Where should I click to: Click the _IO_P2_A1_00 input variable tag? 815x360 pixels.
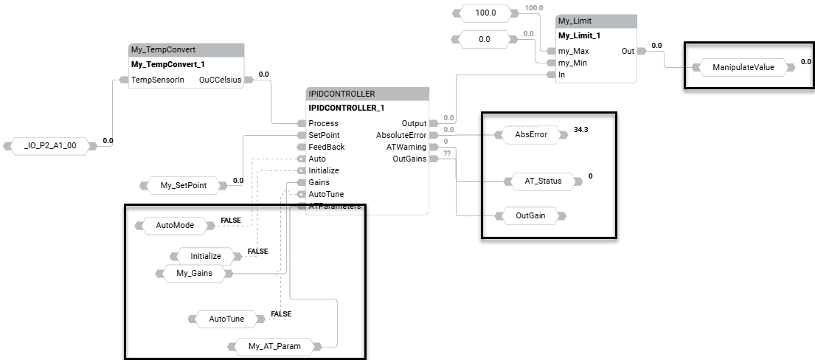tap(50, 146)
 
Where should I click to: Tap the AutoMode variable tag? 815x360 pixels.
tap(175, 225)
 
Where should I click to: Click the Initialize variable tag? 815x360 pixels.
tap(206, 256)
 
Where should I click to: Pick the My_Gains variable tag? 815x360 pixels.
tap(194, 274)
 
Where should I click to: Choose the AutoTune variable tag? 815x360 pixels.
tap(226, 319)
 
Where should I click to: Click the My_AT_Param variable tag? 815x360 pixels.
tap(274, 346)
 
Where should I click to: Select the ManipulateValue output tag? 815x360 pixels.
tap(743, 67)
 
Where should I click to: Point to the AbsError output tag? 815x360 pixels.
tap(530, 135)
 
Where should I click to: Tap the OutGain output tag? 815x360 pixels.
tap(530, 216)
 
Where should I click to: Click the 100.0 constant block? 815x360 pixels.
tap(485, 13)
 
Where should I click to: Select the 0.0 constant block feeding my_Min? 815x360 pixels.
tap(485, 39)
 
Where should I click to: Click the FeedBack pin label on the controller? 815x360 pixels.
tap(327, 147)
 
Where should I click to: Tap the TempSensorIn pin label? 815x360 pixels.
tap(157, 80)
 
